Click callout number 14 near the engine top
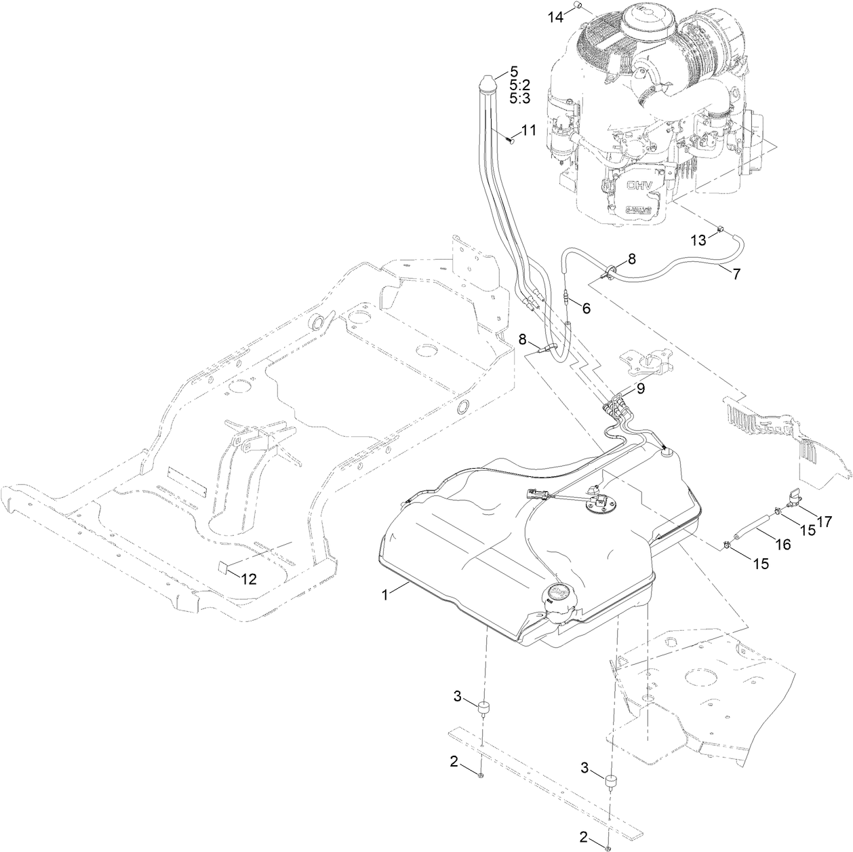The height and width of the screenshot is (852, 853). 556,16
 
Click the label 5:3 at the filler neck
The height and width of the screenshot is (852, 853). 519,98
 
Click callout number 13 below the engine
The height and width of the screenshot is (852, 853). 698,240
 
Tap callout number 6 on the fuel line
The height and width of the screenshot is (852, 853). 586,308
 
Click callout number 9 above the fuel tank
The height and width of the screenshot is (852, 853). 640,389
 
